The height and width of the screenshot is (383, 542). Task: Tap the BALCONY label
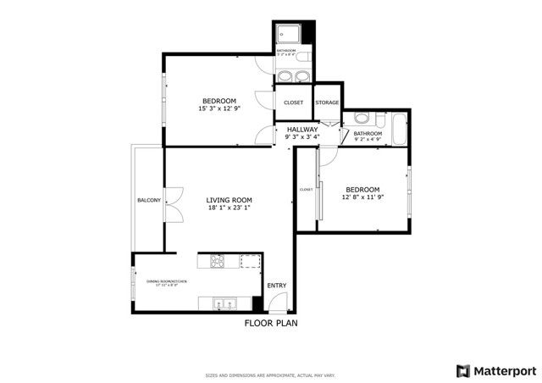149,200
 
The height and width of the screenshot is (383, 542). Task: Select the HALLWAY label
301,130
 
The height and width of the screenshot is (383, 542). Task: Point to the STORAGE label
327,103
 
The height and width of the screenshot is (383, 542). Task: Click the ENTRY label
277,286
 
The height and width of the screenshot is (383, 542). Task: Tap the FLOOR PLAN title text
271,323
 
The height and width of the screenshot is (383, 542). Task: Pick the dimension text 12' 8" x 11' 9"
362,197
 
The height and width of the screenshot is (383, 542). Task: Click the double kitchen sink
224,302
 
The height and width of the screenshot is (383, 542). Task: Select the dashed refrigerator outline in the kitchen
250,261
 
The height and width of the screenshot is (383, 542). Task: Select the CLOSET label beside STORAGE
293,103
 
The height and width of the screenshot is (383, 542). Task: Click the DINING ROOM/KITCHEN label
166,282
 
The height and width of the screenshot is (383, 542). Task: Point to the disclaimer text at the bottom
271,375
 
